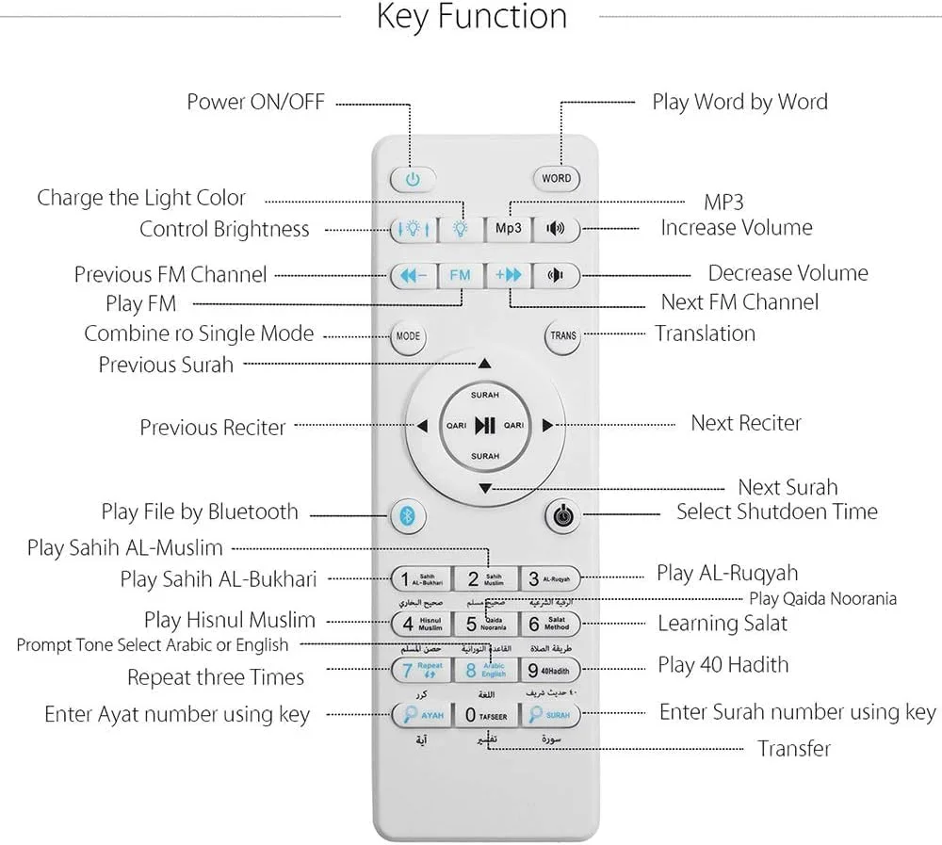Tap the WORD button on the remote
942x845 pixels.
556,178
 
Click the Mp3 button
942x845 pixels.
508,229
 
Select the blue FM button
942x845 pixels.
460,275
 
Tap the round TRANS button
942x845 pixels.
563,335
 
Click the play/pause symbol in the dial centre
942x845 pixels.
485,426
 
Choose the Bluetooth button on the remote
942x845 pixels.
409,516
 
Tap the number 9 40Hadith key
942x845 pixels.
554,671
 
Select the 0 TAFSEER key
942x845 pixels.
485,716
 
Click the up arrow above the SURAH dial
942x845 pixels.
484,363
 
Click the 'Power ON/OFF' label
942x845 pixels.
255,102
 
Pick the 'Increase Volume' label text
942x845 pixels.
736,227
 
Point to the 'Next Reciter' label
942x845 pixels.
745,423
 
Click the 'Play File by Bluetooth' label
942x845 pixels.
200,512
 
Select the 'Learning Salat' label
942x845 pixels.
722,623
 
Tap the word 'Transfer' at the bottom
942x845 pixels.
794,749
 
